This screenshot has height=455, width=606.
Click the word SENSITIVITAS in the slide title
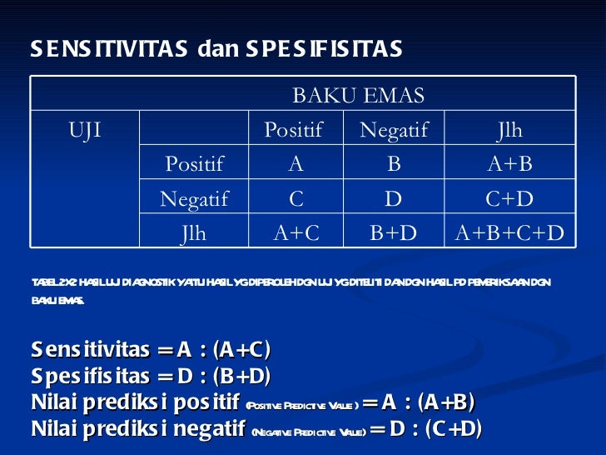pos(110,50)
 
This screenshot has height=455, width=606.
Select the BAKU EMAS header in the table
pos(358,95)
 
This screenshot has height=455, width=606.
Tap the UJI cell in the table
pos(85,130)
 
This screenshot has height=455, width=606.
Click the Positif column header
pos(292,130)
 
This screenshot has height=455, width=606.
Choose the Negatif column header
pos(393,130)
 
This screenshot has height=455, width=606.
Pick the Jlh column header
pos(509,130)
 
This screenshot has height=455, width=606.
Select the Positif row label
pos(194,164)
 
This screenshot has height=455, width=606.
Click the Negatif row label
pos(194,198)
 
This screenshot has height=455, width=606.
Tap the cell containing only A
pos(296,164)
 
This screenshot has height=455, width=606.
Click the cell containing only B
pos(394,164)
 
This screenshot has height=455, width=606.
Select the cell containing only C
pos(296,198)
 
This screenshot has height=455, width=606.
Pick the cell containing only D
pos(394,198)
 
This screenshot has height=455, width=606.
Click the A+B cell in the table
pos(509,164)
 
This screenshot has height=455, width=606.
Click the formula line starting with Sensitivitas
pos(151,349)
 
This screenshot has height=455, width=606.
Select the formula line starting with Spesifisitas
pos(151,376)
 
